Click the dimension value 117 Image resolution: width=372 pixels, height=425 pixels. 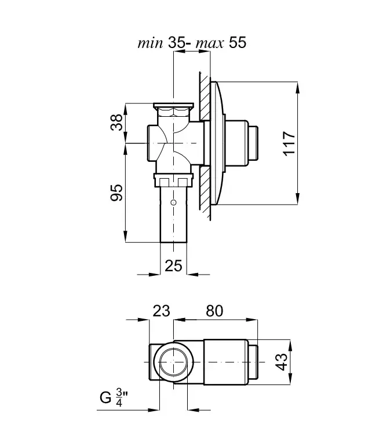point(289,143)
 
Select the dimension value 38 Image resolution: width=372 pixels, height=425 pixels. point(117,123)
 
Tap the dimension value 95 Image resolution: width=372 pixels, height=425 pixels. point(116,193)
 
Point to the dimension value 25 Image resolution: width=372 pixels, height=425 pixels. point(173,265)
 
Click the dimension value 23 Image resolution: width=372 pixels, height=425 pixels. point(161,311)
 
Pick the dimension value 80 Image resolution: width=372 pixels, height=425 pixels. point(214,311)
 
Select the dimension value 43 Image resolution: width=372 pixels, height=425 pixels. point(281,362)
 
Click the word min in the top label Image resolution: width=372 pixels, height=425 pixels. point(150,43)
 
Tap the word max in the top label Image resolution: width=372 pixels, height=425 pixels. point(210,44)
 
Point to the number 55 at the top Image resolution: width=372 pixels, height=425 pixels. point(238,43)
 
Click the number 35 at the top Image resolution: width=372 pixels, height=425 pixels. point(177,43)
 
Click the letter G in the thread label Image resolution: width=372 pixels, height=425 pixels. point(105,398)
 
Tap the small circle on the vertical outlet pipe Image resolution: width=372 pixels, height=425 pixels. point(173,202)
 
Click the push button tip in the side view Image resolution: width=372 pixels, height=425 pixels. point(253,143)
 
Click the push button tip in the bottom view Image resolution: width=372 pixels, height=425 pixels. point(253,362)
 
